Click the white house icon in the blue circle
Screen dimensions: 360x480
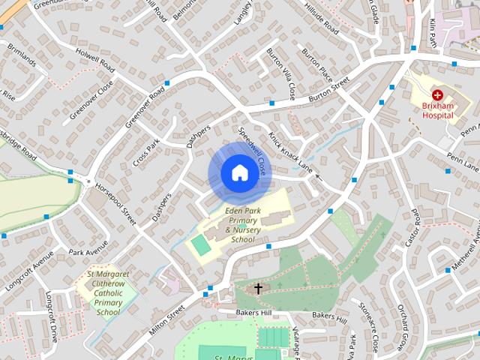pos(239,173)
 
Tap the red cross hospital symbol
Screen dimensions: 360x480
pos(437,95)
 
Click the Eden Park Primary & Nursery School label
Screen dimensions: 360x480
pos(242,225)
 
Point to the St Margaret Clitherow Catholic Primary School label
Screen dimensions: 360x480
pos(108,293)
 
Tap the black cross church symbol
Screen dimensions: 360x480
pos(258,288)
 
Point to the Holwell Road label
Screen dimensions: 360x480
pos(95,57)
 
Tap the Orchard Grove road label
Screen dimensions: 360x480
pos(402,331)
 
